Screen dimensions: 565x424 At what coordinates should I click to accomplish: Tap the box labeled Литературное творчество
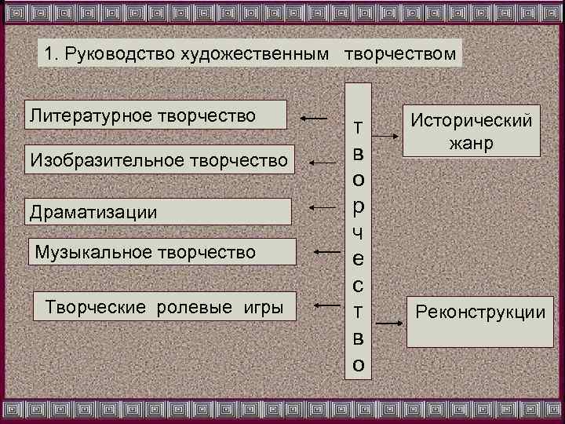pos(157,115)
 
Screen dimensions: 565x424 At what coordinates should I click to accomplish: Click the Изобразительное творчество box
pos(159,160)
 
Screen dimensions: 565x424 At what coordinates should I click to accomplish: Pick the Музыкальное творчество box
pos(162,252)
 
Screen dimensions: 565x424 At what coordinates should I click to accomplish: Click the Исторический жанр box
pos(470,131)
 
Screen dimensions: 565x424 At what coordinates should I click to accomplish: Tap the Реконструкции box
pos(479,320)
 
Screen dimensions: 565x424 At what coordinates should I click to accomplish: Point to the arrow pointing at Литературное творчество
pos(314,118)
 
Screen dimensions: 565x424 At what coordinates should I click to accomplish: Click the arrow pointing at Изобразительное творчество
pos(323,163)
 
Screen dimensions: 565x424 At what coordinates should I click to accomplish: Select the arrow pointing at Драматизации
pos(323,207)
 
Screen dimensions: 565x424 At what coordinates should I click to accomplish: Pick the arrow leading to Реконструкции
pos(388,322)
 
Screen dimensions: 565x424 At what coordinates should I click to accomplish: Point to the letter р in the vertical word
pos(358,207)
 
